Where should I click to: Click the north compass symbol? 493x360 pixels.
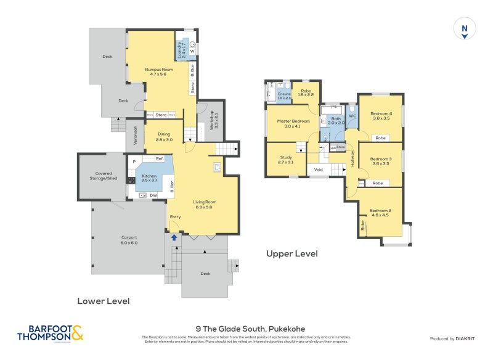(x=464, y=30)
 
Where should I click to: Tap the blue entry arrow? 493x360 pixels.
(x=174, y=237)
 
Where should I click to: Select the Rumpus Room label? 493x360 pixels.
(x=155, y=72)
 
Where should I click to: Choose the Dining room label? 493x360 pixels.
(x=163, y=137)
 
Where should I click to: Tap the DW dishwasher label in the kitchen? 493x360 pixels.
(x=152, y=195)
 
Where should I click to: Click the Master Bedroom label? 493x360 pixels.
(x=293, y=123)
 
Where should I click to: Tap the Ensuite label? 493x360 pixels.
(x=283, y=96)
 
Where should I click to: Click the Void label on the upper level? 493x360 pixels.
(x=319, y=170)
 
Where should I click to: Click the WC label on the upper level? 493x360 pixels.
(x=352, y=115)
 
